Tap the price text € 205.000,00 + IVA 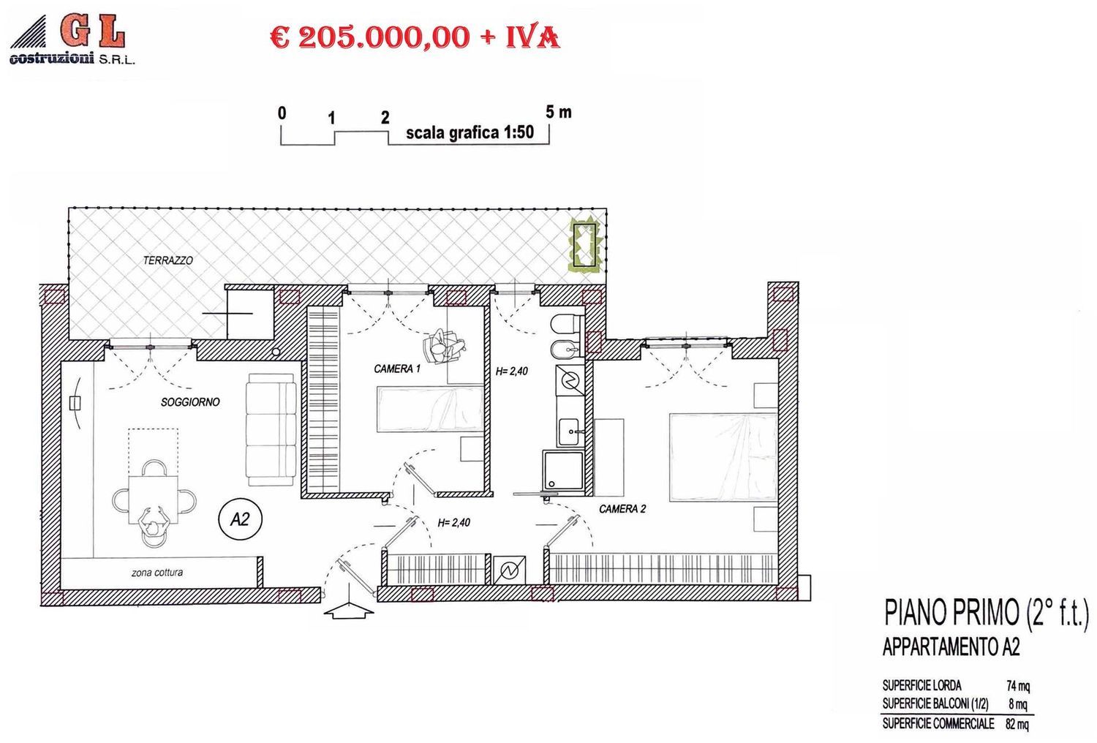pos(415,37)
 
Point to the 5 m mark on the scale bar pos(559,113)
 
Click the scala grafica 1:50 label pos(470,133)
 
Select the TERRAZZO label pos(168,260)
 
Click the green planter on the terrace pos(587,244)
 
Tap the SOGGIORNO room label pos(190,402)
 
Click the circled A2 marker pos(240,519)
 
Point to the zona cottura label pos(157,573)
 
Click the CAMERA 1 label pos(397,369)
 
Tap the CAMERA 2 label pos(622,509)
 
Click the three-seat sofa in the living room pos(271,430)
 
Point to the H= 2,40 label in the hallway pos(454,523)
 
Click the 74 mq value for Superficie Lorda pos(1018,686)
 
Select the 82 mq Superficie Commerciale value pos(1017,724)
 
